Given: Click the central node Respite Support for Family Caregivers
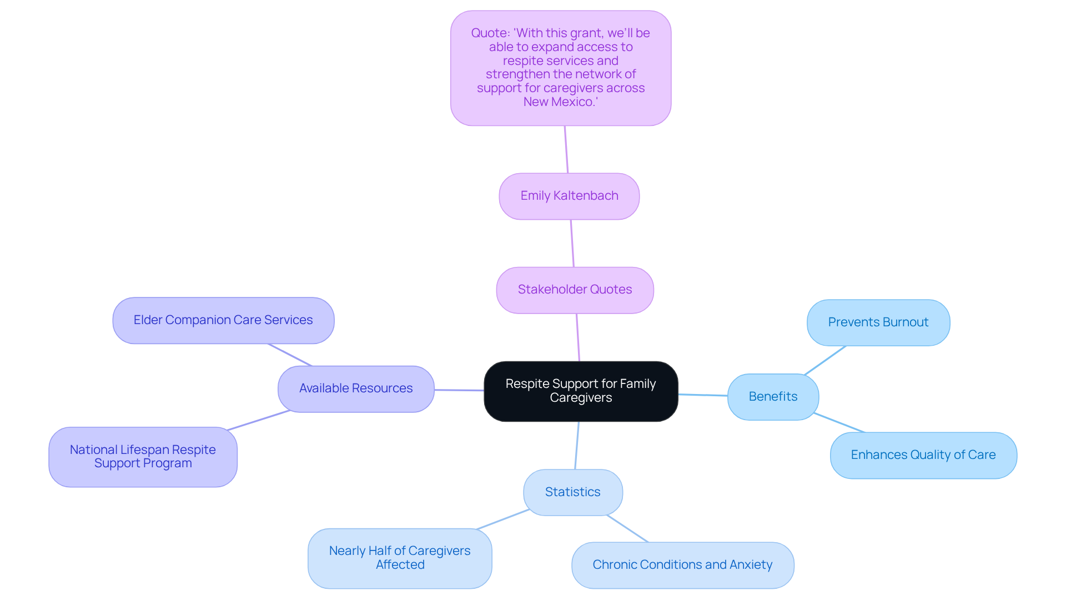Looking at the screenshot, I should point(581,391).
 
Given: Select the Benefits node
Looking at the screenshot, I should point(773,397).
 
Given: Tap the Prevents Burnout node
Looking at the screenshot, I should point(878,322).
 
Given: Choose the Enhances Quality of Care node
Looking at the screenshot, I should point(923,455).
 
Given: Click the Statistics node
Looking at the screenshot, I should point(573,492).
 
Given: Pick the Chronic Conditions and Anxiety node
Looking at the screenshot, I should point(682,565).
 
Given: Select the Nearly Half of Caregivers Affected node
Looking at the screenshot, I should point(400,558).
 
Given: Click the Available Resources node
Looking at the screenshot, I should point(356,388).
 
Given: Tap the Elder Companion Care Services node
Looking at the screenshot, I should point(223,320).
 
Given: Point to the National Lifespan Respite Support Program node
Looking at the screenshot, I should point(143,457).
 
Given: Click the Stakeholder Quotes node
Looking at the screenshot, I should point(575,290).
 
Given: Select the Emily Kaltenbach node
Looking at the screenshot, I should point(569,196).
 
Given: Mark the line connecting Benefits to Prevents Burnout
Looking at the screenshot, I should point(825,360).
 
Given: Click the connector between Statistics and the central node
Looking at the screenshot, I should point(577,446).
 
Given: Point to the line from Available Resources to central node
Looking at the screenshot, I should point(459,390).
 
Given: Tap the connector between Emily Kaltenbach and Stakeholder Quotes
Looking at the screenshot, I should point(572,243).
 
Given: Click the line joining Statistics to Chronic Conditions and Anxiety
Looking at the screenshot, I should point(627,529).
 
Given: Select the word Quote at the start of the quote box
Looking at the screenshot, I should point(490,33).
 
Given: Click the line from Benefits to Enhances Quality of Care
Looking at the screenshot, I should point(839,423).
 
